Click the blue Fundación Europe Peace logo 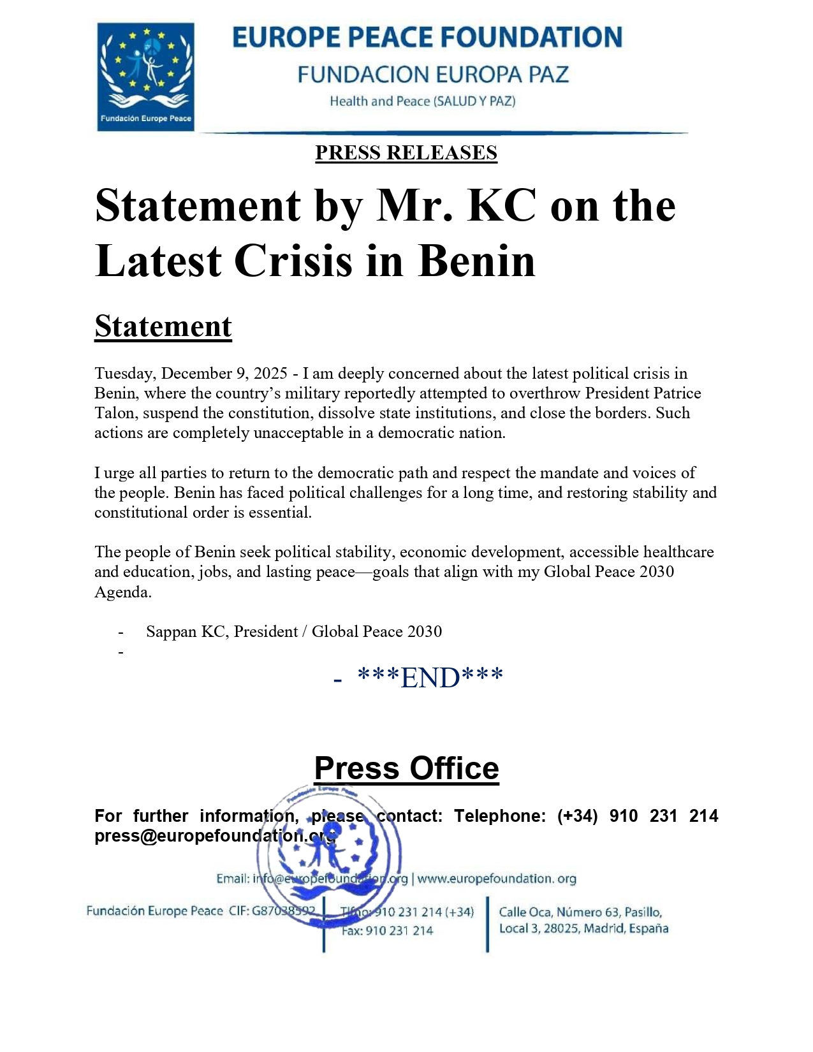pyautogui.click(x=145, y=77)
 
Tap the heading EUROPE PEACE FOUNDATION pyautogui.click(x=427, y=38)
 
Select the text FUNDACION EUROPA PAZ pyautogui.click(x=432, y=75)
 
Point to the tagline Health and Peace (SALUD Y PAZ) pyautogui.click(x=422, y=101)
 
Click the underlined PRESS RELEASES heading pyautogui.click(x=406, y=153)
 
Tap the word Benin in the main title pyautogui.click(x=476, y=261)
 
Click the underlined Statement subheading pyautogui.click(x=163, y=326)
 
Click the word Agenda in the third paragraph pyautogui.click(x=123, y=592)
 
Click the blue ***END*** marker pyautogui.click(x=430, y=678)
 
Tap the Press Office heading pyautogui.click(x=406, y=768)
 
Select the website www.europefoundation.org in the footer pyautogui.click(x=497, y=879)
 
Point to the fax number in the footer pyautogui.click(x=387, y=931)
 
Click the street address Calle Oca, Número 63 pyautogui.click(x=580, y=912)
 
